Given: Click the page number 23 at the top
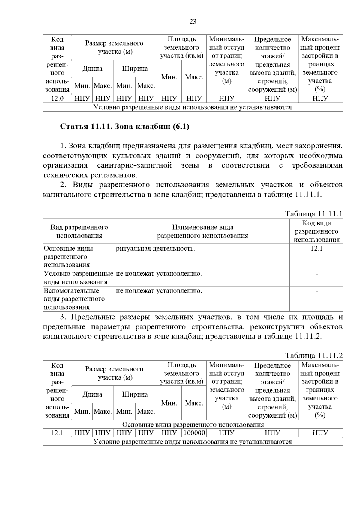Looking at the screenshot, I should (193, 22).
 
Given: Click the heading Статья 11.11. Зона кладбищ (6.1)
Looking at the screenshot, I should (125, 127).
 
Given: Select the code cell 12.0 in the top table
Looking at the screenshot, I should (57, 98).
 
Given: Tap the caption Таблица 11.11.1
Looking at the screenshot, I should (313, 214).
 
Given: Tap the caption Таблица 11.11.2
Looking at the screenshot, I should (313, 356).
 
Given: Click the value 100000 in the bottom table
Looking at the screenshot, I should (194, 433).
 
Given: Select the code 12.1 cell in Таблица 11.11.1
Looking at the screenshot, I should (316, 249).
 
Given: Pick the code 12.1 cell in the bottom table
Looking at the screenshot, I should (57, 433).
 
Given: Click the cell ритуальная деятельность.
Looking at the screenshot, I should (155, 249).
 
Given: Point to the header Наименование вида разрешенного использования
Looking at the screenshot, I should (202, 231).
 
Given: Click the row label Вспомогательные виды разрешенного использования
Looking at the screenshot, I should (74, 299).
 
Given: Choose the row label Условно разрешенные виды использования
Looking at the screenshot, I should (79, 278).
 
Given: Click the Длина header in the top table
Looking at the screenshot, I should (92, 69).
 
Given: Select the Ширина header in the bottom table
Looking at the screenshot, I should (135, 394).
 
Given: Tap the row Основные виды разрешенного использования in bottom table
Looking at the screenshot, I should (193, 424).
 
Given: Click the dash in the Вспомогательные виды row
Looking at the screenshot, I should (316, 291).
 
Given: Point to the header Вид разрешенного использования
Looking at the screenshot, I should (79, 231).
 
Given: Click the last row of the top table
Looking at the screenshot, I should (193, 107).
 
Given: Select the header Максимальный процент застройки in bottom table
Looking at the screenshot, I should (320, 390).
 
